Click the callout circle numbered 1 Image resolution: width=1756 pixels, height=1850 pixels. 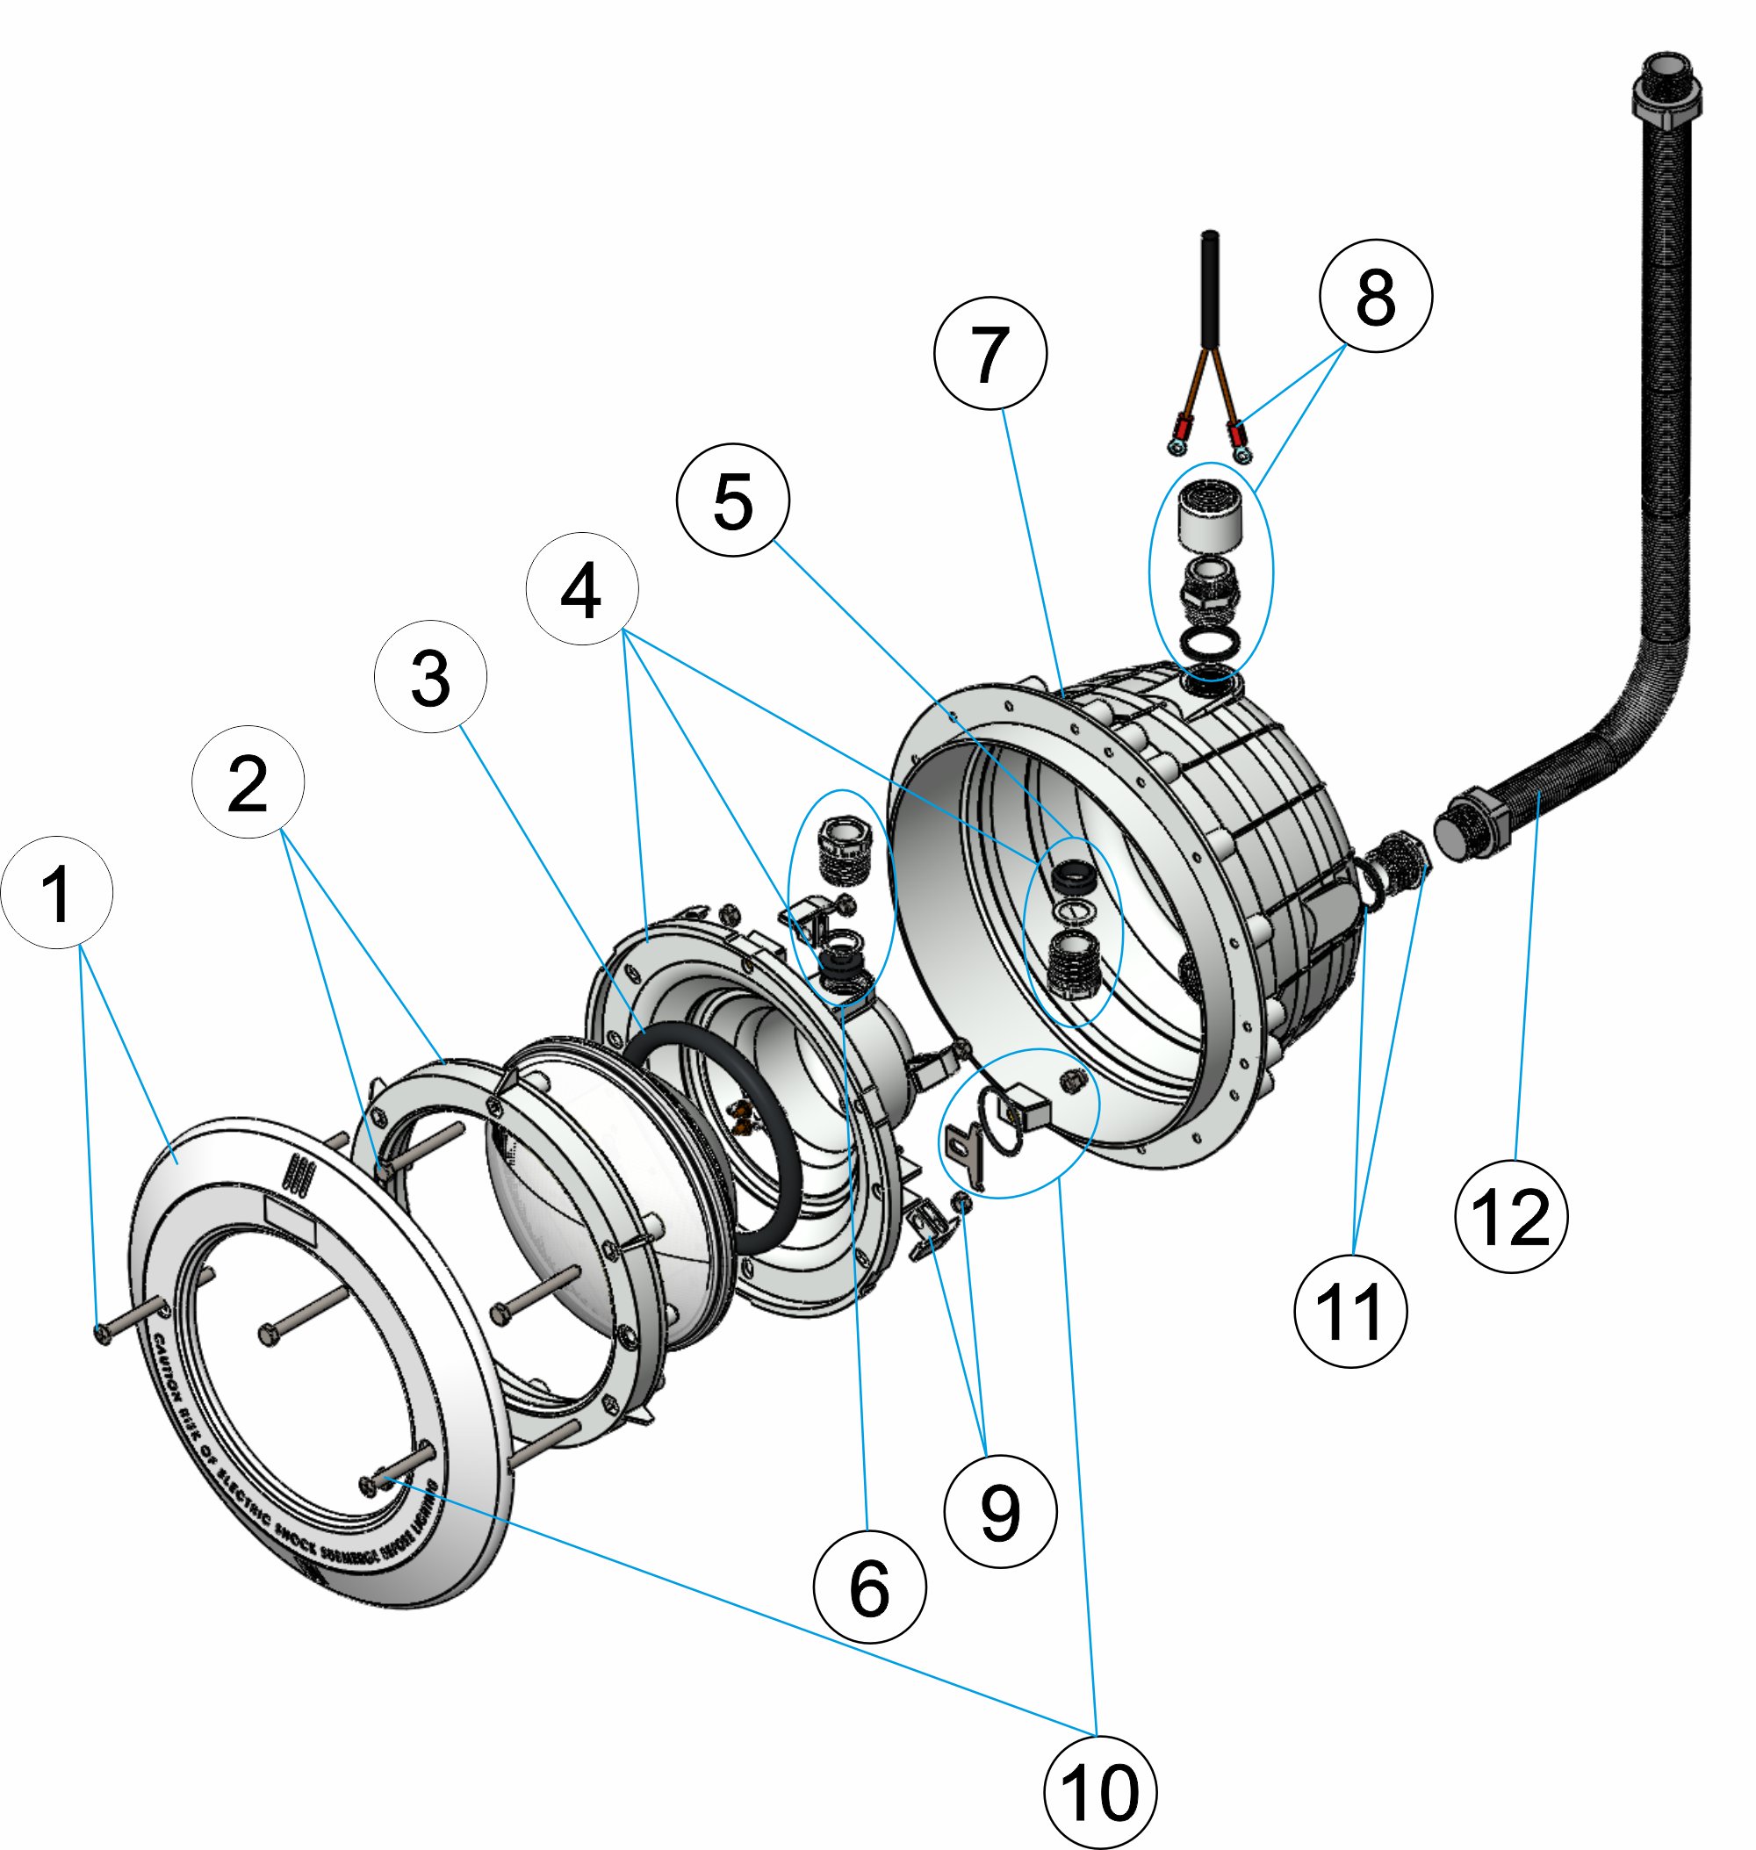[x=57, y=892]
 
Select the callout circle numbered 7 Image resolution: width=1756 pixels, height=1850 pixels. [x=990, y=353]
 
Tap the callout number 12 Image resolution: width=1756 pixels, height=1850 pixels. [x=1510, y=1215]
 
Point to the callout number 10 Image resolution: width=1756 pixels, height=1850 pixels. [x=1099, y=1791]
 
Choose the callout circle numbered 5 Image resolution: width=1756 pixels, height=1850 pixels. [x=732, y=500]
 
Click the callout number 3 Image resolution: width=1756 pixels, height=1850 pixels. [x=429, y=676]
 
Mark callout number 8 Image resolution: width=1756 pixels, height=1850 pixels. [x=1374, y=296]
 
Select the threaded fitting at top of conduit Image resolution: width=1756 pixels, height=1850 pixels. [x=1667, y=89]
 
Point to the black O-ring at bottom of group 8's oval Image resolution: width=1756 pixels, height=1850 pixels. [x=1210, y=641]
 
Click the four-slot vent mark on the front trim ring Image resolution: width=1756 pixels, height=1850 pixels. [x=298, y=1172]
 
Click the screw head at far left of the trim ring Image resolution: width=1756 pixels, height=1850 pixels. [x=102, y=1333]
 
